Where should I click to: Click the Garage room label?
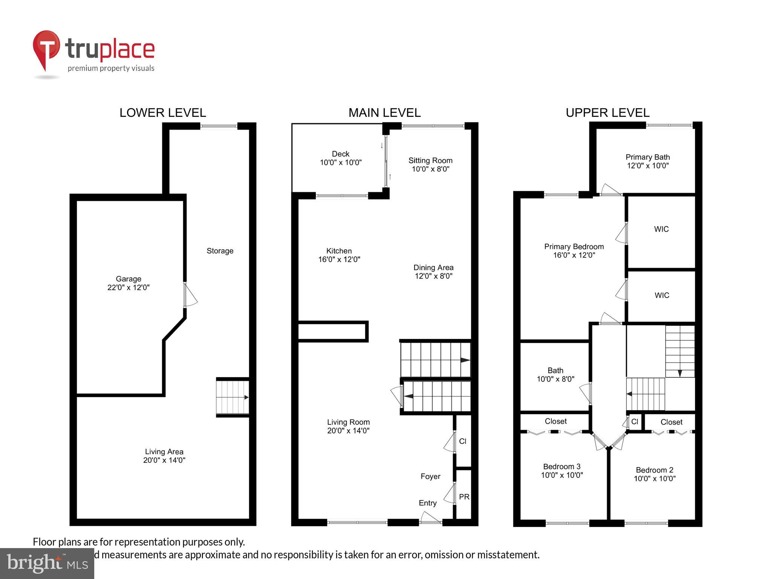pos(128,279)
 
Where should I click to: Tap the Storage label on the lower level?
pos(220,251)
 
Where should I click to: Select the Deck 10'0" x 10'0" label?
pos(340,158)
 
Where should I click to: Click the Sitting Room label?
pos(430,161)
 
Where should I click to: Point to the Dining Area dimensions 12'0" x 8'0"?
pos(433,276)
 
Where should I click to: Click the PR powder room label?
pos(464,497)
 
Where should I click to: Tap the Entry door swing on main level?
pos(429,518)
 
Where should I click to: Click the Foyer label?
pos(430,476)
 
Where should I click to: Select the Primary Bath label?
pos(647,157)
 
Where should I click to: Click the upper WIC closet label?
pos(661,229)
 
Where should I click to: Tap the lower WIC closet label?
pos(662,296)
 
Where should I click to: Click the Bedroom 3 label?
pos(562,467)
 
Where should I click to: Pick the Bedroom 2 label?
pos(654,470)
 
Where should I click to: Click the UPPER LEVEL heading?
pos(607,113)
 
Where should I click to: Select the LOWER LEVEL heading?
pos(162,113)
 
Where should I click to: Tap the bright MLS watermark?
pos(47,564)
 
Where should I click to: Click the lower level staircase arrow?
pos(245,397)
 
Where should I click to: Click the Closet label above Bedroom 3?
pos(556,421)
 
